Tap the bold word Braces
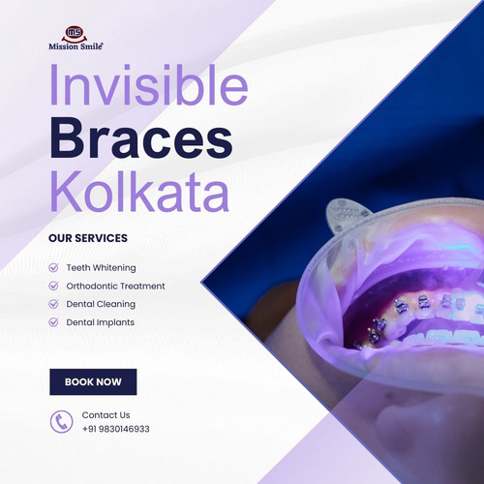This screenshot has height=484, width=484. click(141, 140)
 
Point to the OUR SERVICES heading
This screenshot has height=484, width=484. click(87, 238)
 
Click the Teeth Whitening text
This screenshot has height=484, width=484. click(101, 267)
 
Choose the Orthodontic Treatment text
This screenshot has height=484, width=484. click(115, 286)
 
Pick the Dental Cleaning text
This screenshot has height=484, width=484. click(101, 304)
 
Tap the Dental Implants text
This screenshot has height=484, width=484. click(100, 322)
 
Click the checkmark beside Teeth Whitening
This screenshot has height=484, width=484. click(53, 267)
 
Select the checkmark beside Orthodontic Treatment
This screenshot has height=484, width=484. click(53, 286)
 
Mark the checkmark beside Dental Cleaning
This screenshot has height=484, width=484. click(53, 304)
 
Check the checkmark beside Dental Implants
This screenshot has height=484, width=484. click(53, 322)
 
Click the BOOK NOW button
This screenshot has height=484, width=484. click(93, 382)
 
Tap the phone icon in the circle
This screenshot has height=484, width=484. click(61, 421)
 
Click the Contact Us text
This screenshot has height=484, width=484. click(106, 415)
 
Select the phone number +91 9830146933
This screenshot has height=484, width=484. click(115, 429)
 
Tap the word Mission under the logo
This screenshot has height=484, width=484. click(63, 45)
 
